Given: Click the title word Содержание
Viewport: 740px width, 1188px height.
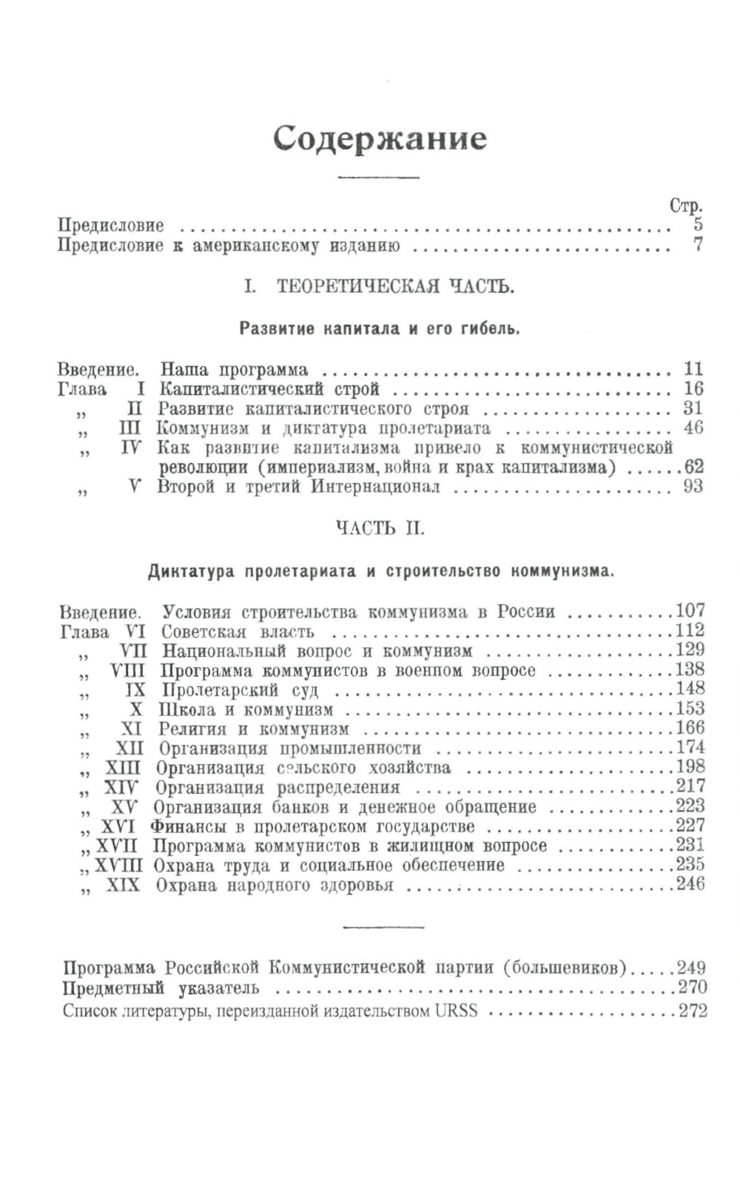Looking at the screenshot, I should tap(380, 139).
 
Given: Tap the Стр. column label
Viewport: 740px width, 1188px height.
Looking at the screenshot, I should tap(685, 206).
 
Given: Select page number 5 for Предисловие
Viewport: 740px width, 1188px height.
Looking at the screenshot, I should tap(698, 225).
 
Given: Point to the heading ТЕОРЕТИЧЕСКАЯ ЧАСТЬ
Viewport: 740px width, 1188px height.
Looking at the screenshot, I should tap(395, 287).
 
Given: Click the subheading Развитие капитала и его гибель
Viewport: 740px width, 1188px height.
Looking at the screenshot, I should tap(380, 328).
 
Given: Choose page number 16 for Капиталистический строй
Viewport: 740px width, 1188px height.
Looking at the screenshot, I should tap(693, 388).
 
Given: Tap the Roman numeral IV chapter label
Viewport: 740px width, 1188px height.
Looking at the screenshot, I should tap(131, 448).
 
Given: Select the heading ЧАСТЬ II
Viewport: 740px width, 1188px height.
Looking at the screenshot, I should tap(380, 528).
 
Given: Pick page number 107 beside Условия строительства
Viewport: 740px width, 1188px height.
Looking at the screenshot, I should tap(690, 611).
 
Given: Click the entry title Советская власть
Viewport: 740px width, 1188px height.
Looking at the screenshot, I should tap(238, 632).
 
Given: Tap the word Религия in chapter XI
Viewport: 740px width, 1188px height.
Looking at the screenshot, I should tap(192, 729).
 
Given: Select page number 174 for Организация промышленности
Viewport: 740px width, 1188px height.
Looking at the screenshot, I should tap(690, 747).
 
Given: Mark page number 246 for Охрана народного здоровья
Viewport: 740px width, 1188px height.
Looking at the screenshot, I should tap(690, 884).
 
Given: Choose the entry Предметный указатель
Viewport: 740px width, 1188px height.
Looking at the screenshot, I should tap(161, 988).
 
